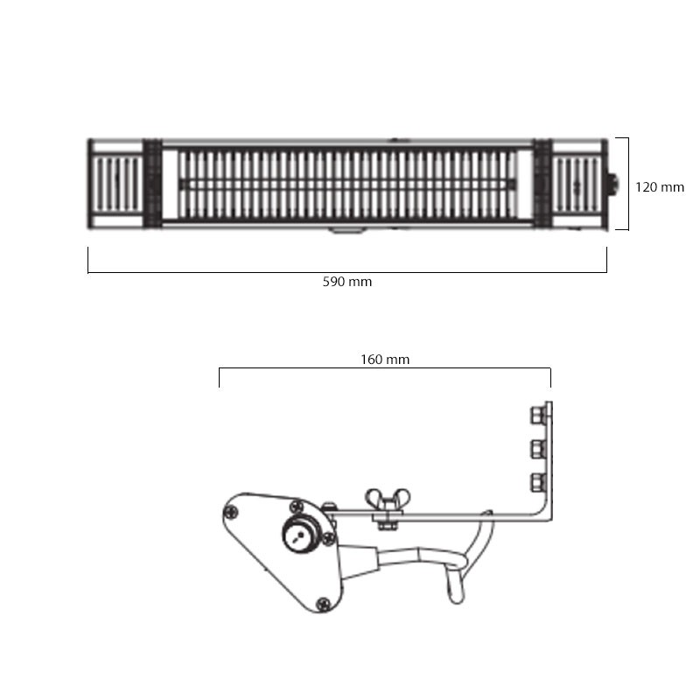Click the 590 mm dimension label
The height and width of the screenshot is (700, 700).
click(x=346, y=282)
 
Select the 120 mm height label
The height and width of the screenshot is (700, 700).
click(x=660, y=187)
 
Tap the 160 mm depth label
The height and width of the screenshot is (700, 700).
click(x=385, y=360)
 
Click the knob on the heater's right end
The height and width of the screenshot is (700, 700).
click(x=614, y=185)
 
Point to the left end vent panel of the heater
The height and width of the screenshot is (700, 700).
click(x=118, y=185)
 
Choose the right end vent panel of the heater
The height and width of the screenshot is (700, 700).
click(x=577, y=185)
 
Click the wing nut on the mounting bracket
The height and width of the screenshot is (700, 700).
click(x=388, y=499)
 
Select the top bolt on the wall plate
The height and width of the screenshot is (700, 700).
click(x=538, y=415)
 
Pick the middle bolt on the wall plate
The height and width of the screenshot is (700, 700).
click(x=538, y=449)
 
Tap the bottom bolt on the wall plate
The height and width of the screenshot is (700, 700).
click(x=538, y=483)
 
